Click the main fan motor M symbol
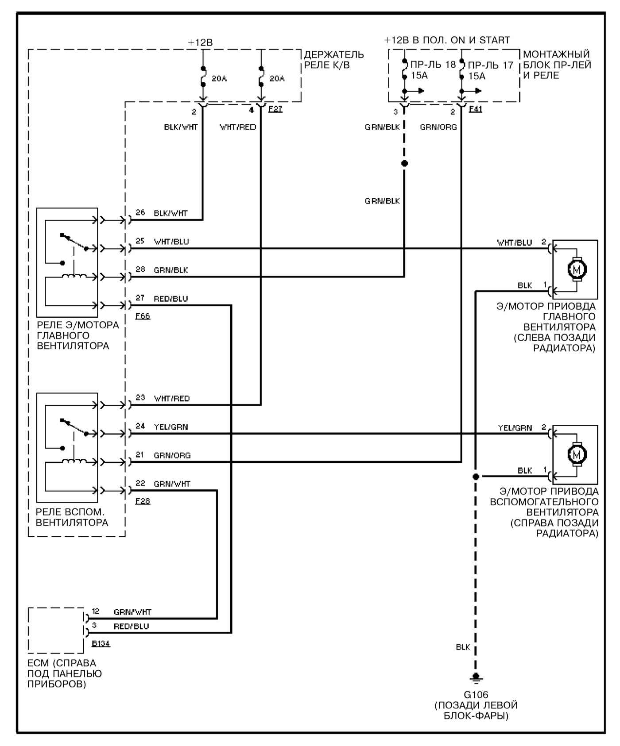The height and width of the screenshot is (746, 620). click(x=577, y=269)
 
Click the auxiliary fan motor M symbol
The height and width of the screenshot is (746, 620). click(x=577, y=454)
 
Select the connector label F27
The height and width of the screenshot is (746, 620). click(x=275, y=108)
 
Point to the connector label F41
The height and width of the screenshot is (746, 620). click(x=475, y=108)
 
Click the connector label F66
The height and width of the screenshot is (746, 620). click(x=143, y=316)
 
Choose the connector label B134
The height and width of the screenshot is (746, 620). click(x=101, y=643)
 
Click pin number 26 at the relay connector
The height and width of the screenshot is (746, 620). click(x=140, y=212)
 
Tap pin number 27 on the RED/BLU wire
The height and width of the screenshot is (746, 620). click(x=140, y=298)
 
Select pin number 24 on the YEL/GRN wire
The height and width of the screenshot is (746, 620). click(x=140, y=426)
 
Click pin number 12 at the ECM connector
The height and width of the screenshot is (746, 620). click(x=96, y=611)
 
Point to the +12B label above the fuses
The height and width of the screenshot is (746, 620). click(x=200, y=42)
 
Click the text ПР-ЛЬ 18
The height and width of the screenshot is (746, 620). click(x=433, y=65)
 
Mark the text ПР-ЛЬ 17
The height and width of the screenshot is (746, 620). click(x=491, y=65)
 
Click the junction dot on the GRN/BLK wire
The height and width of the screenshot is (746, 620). click(x=404, y=163)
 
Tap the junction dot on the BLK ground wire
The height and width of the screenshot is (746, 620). click(x=476, y=477)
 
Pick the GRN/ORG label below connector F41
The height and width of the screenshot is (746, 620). click(x=438, y=127)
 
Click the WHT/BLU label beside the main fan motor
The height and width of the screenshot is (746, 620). click(x=515, y=242)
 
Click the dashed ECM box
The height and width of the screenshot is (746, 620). click(x=28, y=630)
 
